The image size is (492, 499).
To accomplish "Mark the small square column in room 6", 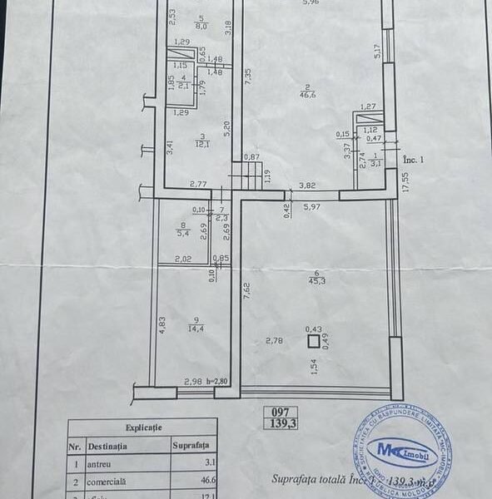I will pyautogui.click(x=313, y=340).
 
